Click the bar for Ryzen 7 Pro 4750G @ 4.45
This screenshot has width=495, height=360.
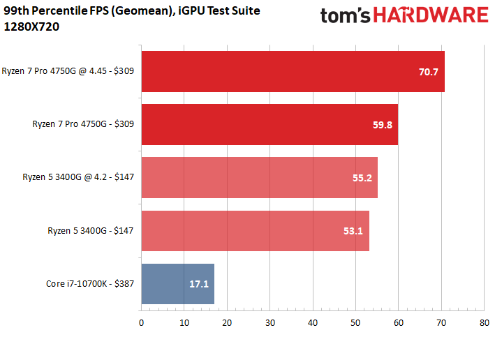293,72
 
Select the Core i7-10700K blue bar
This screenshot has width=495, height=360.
178,284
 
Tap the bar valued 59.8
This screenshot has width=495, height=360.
270,125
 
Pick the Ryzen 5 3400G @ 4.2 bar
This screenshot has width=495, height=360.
260,178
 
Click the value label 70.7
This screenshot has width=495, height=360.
429,72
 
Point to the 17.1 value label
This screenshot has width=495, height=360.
199,284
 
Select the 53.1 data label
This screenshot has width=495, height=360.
353,231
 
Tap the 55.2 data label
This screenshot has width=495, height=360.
362,178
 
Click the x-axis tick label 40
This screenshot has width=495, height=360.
313,323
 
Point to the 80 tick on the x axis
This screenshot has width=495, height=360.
485,323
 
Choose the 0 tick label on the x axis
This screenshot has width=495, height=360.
141,323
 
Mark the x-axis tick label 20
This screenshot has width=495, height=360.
227,323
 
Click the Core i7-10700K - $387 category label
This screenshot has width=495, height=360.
90,284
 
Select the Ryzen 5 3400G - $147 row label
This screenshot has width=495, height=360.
91,231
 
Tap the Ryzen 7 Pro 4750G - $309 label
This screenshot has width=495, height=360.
83,124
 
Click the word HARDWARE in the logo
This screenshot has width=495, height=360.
431,15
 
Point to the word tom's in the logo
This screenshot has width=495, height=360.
345,16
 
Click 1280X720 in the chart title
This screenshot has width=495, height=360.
31,27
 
